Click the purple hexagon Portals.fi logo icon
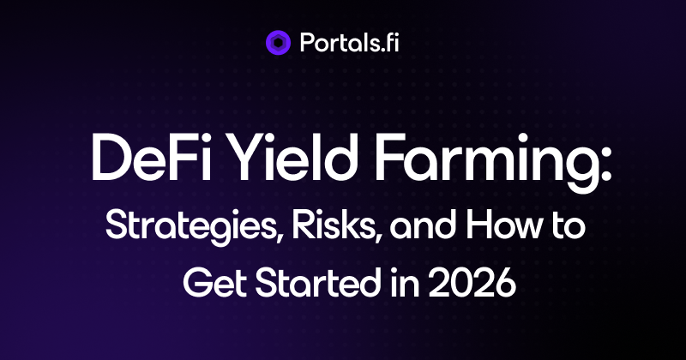(x=278, y=43)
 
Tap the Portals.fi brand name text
(x=350, y=43)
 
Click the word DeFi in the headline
(x=151, y=158)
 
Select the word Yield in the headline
(x=292, y=157)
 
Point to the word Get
(x=214, y=283)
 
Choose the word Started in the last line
(x=317, y=282)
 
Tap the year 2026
(x=472, y=283)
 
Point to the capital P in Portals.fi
(x=309, y=43)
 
